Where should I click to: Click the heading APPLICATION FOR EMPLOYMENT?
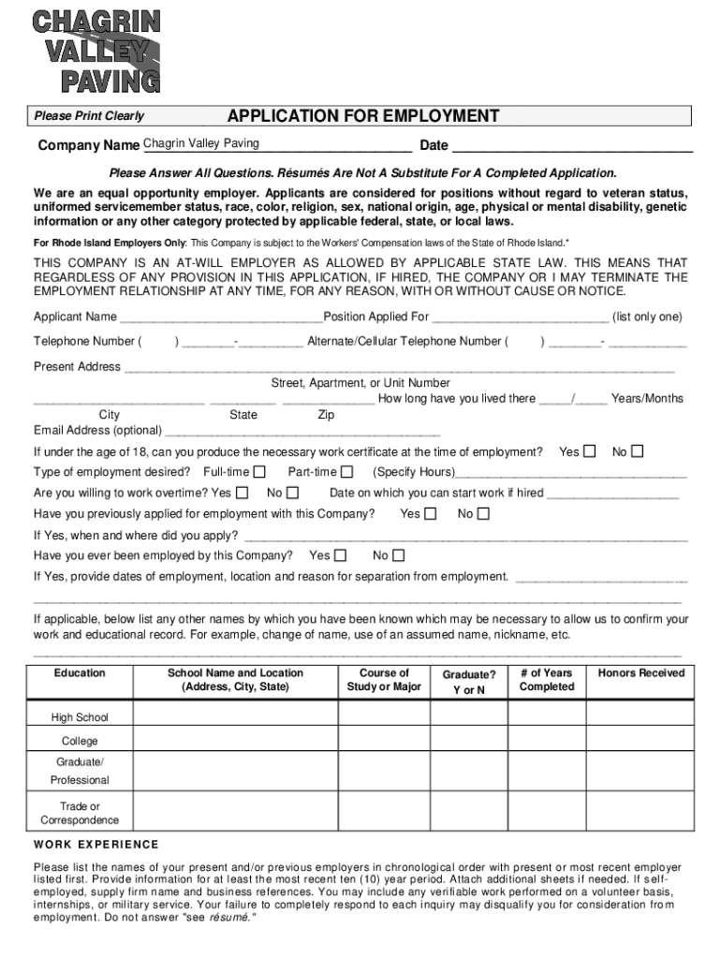363,116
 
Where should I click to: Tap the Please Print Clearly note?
89,117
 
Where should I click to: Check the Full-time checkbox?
259,472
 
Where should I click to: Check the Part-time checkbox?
346,472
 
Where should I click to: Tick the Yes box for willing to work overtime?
243,493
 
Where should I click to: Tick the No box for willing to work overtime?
292,493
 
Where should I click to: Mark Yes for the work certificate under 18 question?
589,452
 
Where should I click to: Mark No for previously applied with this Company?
483,514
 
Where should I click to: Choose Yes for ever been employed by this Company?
340,556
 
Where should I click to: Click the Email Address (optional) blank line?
302,432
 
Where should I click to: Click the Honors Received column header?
640,673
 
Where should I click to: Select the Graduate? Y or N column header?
468,682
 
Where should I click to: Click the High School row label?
80,718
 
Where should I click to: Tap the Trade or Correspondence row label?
80,814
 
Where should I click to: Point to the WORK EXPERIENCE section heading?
96,845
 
